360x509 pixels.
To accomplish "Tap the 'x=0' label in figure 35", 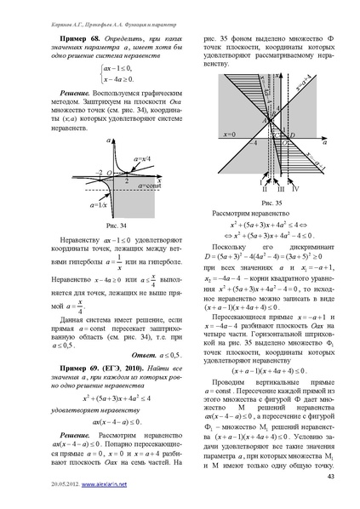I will coord(226,134).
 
